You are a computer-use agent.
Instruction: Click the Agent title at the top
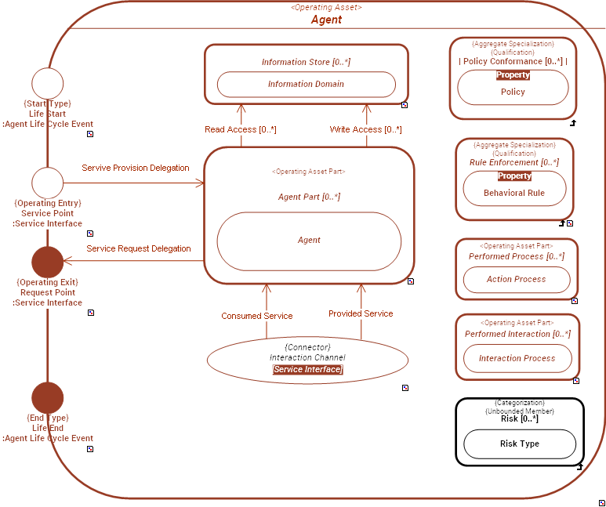326,20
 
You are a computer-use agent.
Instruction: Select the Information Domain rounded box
306,84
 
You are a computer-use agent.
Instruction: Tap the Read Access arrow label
240,129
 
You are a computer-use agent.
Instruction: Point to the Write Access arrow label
365,129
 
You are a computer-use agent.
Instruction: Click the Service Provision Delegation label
136,168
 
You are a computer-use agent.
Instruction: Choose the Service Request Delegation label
138,248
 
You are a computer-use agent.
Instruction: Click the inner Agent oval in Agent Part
309,241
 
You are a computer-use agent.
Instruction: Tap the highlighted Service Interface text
307,369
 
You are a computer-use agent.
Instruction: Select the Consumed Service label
256,316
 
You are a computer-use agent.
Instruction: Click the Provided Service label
361,313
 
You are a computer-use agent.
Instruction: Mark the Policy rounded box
513,92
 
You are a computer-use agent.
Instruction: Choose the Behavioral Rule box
514,193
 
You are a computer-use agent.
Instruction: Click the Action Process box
516,279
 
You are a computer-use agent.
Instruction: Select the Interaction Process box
517,358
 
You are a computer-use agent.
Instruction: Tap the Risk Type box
520,444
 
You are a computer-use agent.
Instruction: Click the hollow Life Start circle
47,84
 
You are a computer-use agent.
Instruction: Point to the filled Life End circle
47,398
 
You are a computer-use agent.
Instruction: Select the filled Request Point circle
47,262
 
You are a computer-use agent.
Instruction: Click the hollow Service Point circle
47,183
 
